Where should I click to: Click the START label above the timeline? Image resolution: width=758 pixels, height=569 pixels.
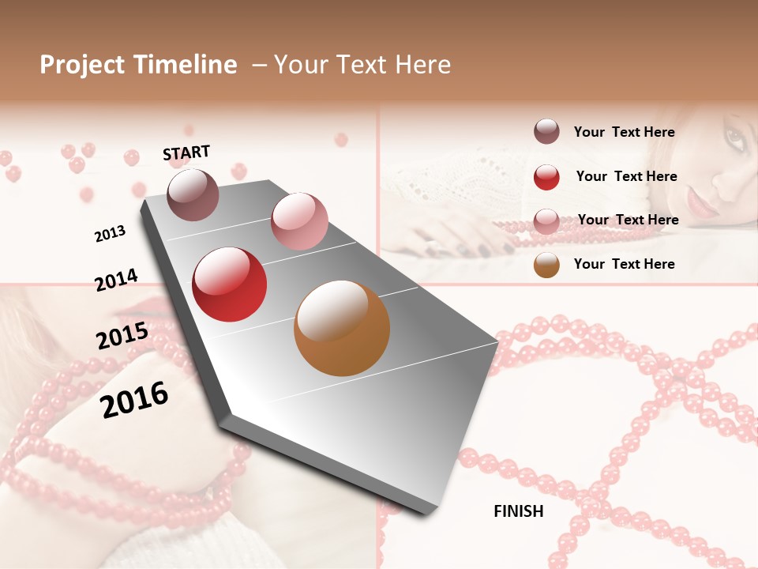coord(186,153)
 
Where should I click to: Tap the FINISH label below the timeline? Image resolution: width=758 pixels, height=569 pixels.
coord(519,511)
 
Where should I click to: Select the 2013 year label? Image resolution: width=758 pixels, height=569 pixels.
coord(110,234)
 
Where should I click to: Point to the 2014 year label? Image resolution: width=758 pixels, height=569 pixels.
coord(116,280)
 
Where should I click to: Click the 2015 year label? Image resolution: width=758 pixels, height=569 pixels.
coord(122,336)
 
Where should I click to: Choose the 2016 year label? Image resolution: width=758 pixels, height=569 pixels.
coord(134,399)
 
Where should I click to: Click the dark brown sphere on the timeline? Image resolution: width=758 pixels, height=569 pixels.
coord(193,194)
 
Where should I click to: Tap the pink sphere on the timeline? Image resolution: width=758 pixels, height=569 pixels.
coord(299,221)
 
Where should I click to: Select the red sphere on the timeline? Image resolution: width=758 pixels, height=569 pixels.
coord(230,284)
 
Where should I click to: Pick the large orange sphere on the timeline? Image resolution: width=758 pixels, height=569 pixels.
coord(342,328)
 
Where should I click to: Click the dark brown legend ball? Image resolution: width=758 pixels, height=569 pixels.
coord(546,132)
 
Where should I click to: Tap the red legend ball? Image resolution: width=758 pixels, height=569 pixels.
coord(546,177)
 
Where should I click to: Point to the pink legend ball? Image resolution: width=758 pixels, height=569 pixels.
coord(546,220)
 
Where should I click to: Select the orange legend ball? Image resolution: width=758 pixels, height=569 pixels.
coord(546,265)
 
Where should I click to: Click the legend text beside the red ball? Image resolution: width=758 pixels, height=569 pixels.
coord(626,176)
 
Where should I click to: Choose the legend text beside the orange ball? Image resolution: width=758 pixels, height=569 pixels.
coord(624,264)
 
